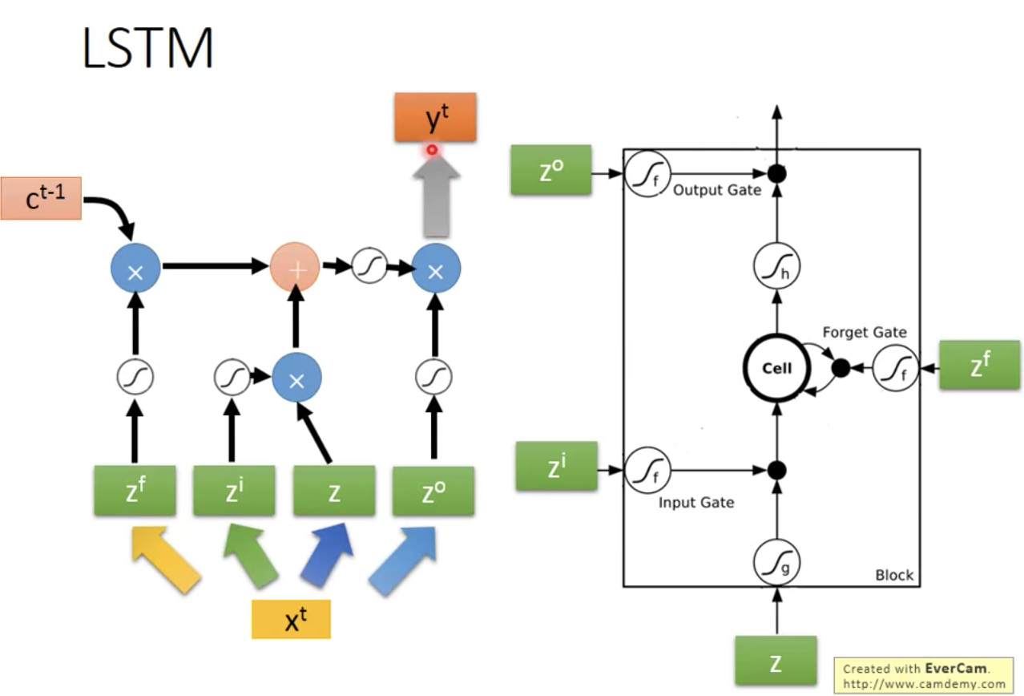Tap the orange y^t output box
click(435, 118)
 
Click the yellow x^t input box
click(291, 619)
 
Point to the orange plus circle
click(295, 267)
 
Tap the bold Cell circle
click(776, 368)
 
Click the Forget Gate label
click(864, 333)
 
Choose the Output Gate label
click(716, 191)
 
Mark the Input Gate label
click(695, 503)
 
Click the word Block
click(893, 575)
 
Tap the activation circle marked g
click(776, 561)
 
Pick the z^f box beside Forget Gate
click(979, 366)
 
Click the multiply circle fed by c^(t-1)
click(135, 269)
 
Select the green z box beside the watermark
click(776, 662)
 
